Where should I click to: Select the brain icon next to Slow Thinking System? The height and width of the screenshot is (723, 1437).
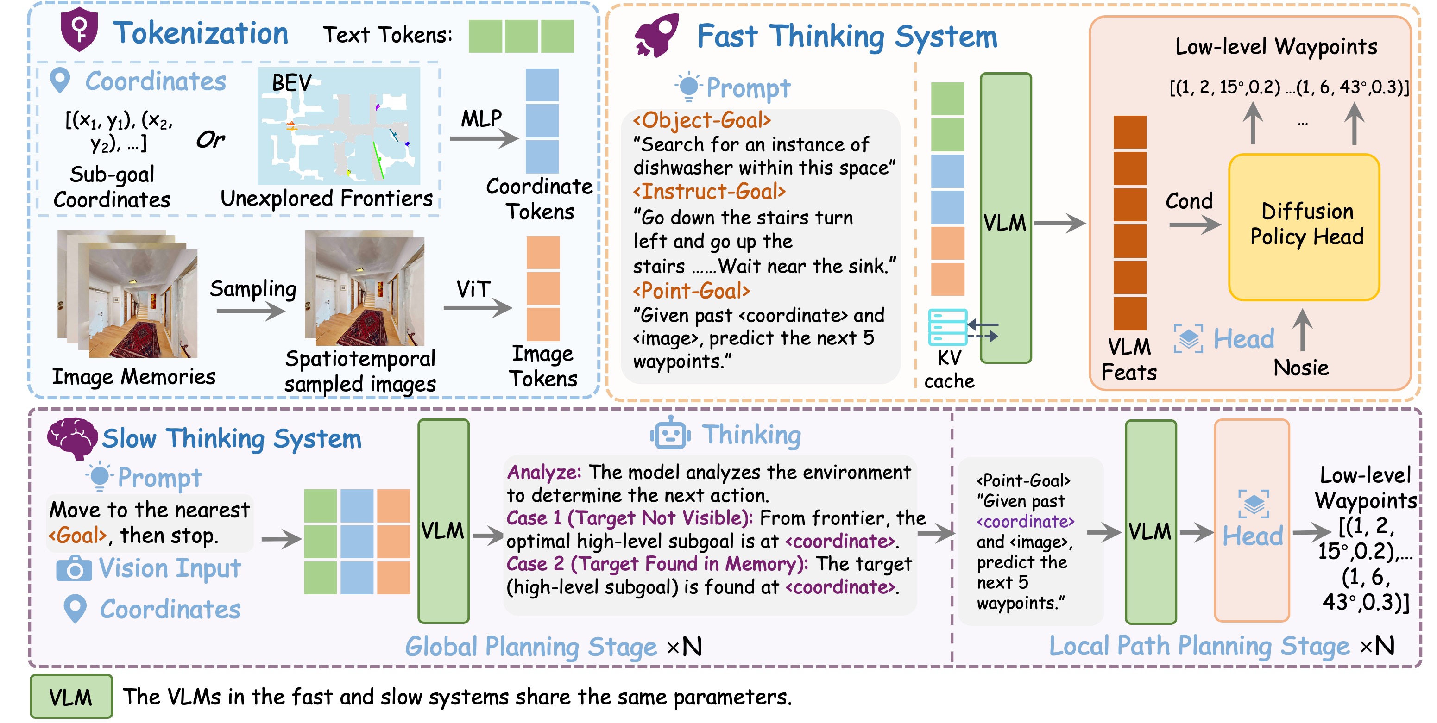pyautogui.click(x=71, y=437)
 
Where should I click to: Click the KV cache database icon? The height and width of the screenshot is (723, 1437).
pyautogui.click(x=947, y=327)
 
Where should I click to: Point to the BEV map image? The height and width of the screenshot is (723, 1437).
pyautogui.click(x=339, y=126)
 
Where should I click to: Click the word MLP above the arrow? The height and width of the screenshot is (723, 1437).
pyautogui.click(x=481, y=118)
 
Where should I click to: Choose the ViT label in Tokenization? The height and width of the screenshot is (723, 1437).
pyautogui.click(x=473, y=289)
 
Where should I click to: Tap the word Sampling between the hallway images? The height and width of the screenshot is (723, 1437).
pyautogui.click(x=252, y=289)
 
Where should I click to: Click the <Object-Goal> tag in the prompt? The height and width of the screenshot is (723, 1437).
pyautogui.click(x=701, y=120)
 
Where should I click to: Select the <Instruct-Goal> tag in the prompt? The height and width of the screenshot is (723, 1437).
pyautogui.click(x=708, y=192)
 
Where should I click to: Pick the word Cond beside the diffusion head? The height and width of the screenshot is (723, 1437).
pyautogui.click(x=1189, y=201)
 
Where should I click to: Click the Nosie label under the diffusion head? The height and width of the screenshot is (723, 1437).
pyautogui.click(x=1301, y=368)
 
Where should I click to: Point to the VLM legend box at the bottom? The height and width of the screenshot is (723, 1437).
pyautogui.click(x=71, y=696)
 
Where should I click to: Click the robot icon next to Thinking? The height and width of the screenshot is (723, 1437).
pyautogui.click(x=670, y=433)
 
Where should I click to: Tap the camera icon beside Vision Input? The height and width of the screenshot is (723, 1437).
pyautogui.click(x=74, y=568)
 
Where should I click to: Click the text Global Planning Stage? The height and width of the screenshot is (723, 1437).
pyautogui.click(x=530, y=647)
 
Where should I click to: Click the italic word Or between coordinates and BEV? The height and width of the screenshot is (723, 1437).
pyautogui.click(x=210, y=139)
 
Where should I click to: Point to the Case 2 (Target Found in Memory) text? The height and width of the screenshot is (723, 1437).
pyautogui.click(x=656, y=564)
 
